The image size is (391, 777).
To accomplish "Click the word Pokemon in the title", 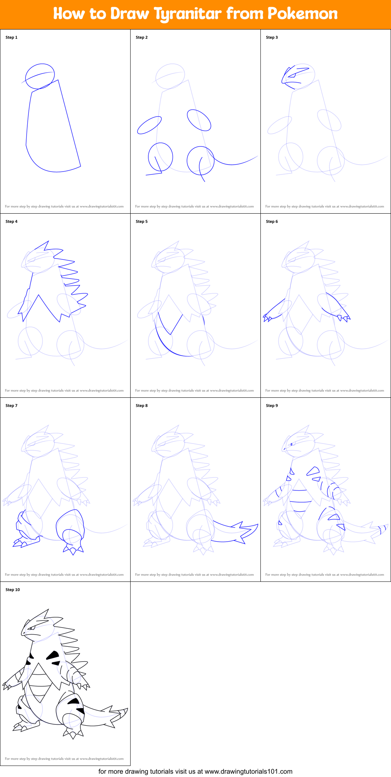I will click(302, 14).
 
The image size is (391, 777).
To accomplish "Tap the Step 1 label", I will click(11, 37).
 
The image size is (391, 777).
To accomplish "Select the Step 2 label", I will click(142, 37).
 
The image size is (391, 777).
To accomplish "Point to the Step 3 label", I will click(272, 37).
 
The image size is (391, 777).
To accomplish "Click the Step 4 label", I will click(11, 221).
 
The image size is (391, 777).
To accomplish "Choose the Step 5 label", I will click(142, 221).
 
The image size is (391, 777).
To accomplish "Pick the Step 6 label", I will click(272, 221).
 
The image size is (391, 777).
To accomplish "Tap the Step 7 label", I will click(11, 405).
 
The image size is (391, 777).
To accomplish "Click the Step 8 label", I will click(142, 405).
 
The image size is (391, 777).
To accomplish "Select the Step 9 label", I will click(272, 405).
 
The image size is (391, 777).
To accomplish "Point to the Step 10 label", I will click(13, 590).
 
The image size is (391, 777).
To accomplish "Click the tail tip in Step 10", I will click(125, 711).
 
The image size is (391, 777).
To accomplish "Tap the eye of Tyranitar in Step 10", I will click(32, 628).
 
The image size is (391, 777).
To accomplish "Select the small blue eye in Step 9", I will click(291, 444).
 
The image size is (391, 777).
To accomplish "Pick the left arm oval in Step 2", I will click(149, 125).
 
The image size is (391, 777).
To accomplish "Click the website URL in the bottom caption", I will click(248, 771).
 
